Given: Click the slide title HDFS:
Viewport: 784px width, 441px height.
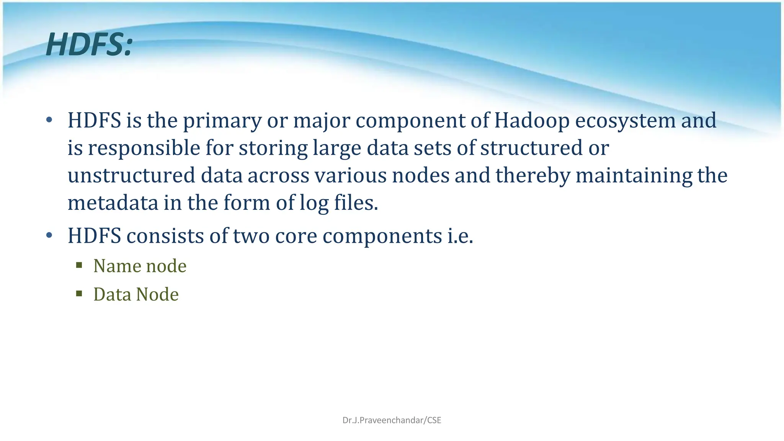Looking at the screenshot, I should click(x=89, y=45).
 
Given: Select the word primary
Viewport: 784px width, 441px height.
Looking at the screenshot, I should click(x=222, y=121).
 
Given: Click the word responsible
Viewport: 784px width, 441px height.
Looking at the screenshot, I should click(x=144, y=149).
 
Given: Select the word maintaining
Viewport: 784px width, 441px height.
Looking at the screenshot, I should click(x=634, y=176).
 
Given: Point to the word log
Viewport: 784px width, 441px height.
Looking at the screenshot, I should click(x=314, y=203).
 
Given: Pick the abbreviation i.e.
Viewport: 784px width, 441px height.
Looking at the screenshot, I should click(x=460, y=236).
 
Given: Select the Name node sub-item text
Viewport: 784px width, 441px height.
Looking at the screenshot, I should click(x=140, y=266).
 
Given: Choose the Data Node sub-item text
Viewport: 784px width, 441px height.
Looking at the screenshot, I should click(x=136, y=294).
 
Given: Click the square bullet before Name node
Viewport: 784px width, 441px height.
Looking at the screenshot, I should click(x=79, y=265).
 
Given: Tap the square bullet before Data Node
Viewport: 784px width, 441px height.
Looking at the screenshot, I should click(x=79, y=294).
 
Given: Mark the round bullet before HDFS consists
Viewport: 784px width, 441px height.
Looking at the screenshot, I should click(x=49, y=235).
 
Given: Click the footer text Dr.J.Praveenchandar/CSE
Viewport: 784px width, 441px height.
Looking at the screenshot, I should click(x=392, y=420).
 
